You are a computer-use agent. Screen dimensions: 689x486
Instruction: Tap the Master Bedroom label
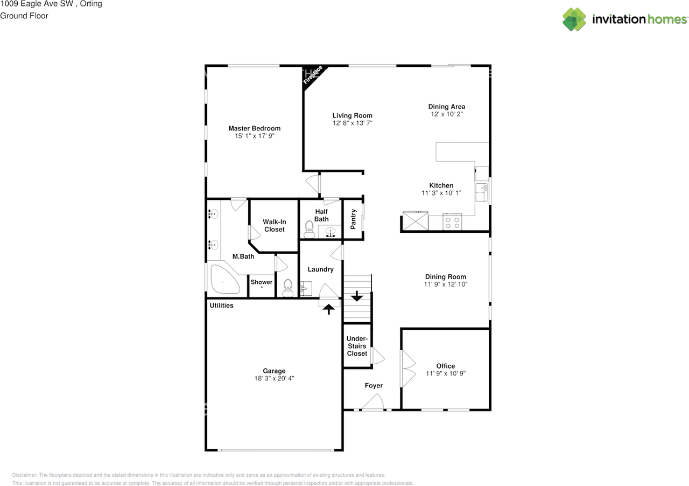[255, 128]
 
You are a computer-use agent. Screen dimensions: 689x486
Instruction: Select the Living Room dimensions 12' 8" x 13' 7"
[353, 123]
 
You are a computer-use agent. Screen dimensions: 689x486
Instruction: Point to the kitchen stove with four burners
[452, 222]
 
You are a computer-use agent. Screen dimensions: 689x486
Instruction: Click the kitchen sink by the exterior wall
[482, 192]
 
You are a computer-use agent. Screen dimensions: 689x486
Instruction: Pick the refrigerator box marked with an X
[415, 220]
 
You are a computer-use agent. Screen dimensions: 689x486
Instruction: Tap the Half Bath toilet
[309, 230]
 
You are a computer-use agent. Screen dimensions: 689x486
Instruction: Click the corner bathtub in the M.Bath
[224, 279]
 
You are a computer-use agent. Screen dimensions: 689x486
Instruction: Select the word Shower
[262, 282]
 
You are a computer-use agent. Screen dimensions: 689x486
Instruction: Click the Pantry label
[353, 219]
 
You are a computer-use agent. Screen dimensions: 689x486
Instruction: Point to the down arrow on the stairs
[357, 296]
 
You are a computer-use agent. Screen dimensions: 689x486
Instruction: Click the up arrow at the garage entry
[329, 309]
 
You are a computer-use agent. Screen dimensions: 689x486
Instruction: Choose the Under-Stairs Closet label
[357, 346]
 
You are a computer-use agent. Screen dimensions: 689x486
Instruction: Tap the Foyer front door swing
[373, 402]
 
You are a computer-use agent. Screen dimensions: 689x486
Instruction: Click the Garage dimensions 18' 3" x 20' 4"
[274, 379]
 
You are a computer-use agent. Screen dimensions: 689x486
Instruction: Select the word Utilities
[221, 306]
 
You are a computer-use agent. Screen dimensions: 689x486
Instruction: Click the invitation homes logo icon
[574, 19]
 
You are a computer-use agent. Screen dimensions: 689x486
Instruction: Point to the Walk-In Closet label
[275, 226]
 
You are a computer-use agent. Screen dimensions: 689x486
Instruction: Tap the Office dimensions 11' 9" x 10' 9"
[446, 373]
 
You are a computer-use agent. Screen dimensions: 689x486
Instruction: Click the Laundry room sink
[306, 289]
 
